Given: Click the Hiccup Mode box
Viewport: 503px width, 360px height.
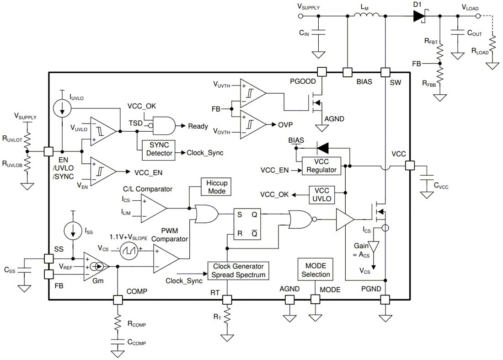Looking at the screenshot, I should click(217, 187).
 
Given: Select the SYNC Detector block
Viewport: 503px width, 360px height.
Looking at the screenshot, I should click(159, 149).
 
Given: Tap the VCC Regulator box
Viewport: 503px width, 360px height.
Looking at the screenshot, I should click(321, 166).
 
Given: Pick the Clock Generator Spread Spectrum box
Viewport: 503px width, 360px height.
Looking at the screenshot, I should click(238, 270).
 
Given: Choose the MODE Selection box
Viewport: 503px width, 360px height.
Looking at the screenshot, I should click(315, 270).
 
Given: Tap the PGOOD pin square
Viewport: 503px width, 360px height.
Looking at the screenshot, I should click(322, 72).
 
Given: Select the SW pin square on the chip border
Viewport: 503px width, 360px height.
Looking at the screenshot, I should click(385, 72).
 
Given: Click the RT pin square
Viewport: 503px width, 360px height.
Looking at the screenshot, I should click(227, 300).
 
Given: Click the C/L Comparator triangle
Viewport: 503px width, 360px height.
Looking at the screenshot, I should click(154, 208).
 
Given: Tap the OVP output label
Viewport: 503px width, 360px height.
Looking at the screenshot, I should click(285, 124).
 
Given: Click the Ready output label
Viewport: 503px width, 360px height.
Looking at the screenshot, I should click(198, 126).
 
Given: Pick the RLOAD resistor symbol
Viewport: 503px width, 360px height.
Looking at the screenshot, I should click(492, 46).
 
